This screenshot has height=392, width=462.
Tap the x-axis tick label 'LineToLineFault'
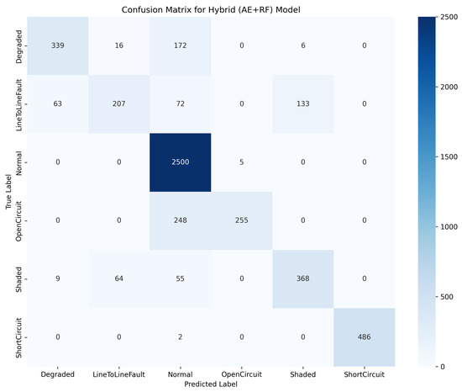(x=117, y=373)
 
